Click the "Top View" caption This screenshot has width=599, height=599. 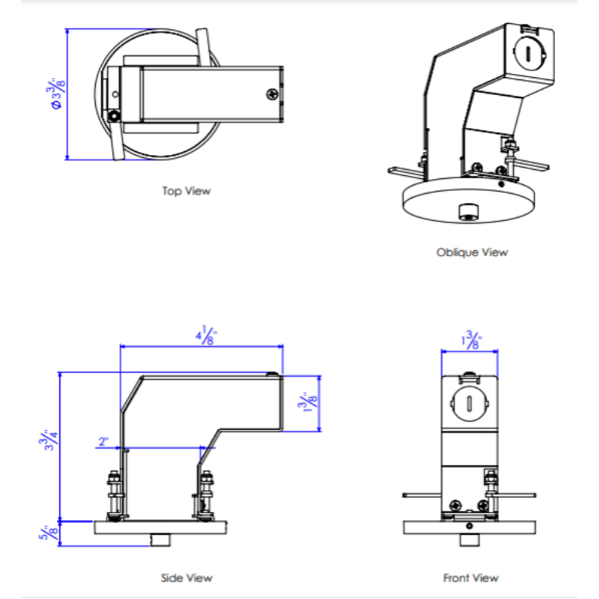coord(186,190)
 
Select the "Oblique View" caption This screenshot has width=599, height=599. coord(472,252)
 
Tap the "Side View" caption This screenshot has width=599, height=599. coord(186,578)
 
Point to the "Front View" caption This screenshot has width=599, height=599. coord(471,578)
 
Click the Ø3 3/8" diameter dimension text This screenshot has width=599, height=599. coord(57,94)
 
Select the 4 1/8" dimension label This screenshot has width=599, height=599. coord(206,335)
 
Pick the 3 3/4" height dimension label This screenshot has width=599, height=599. coord(49,439)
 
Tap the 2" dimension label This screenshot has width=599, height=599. coord(104,442)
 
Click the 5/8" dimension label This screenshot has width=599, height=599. coord(49,532)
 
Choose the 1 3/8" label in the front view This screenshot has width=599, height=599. coord(471,339)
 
